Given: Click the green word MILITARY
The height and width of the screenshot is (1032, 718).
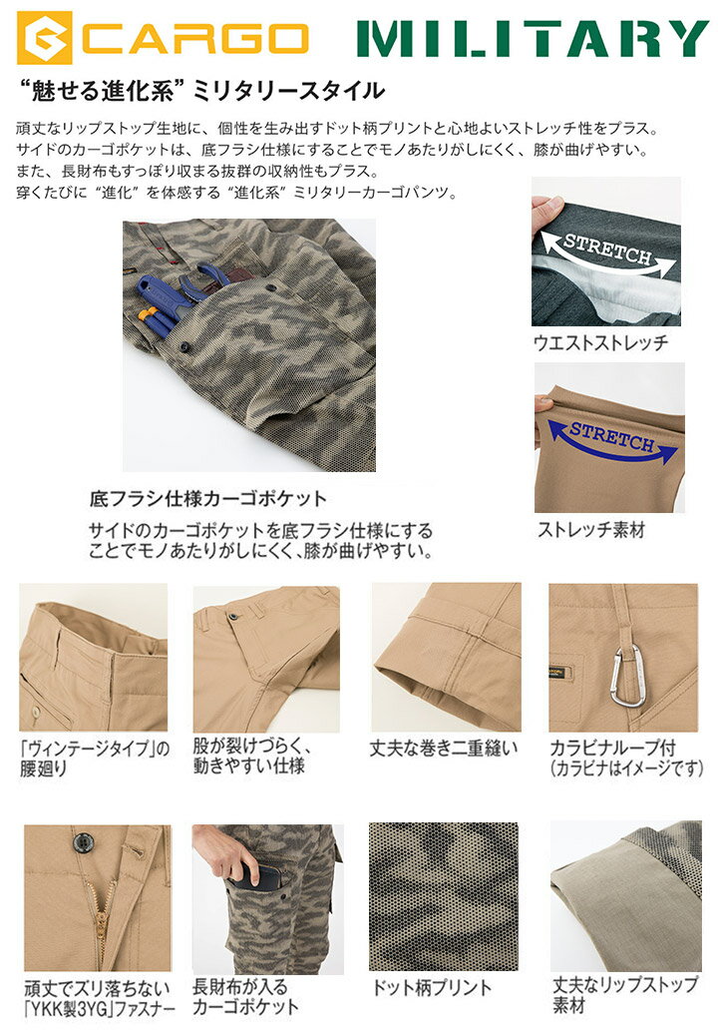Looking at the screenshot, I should pos(533,38).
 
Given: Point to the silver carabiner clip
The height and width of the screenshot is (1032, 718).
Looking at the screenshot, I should pos(625,676).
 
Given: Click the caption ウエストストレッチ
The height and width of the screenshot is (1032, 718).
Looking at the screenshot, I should pos(601,342).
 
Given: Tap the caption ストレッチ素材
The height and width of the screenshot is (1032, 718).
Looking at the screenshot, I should pos(590,530).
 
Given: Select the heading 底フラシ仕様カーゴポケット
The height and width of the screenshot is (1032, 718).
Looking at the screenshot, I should pos(207,497).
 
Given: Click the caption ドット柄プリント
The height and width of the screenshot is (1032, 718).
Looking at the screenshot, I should pos(431,988).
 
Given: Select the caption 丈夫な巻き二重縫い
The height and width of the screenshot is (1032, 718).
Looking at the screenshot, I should pos(444,748).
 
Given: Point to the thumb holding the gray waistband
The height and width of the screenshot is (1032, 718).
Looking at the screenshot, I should pos(544,212).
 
